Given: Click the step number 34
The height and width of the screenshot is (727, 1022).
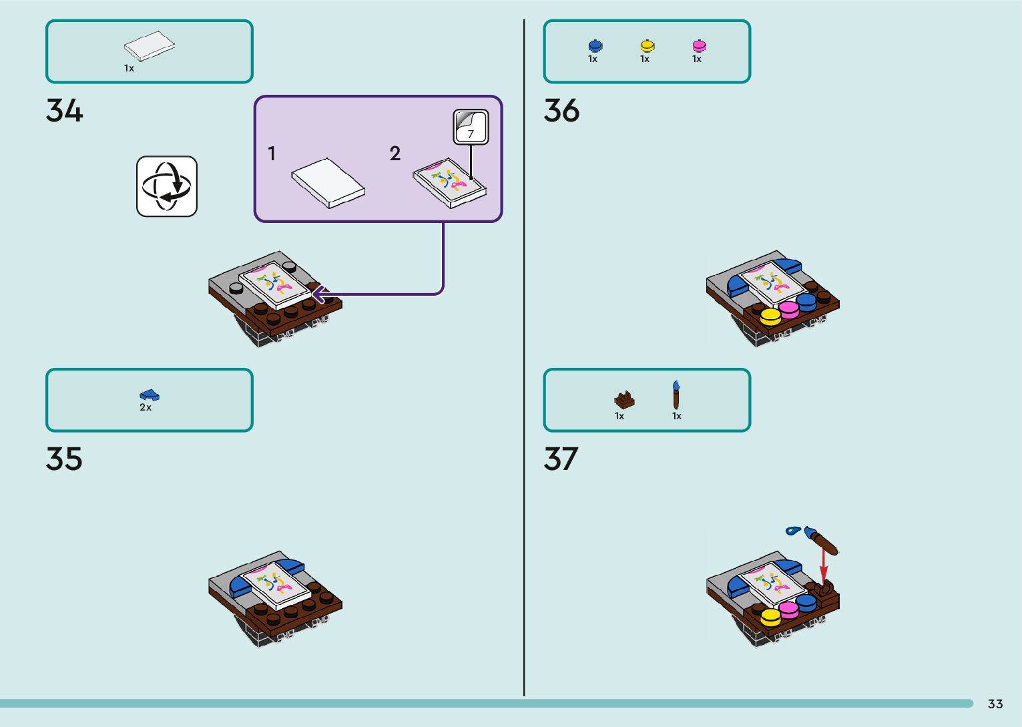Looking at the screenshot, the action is pos(64,111).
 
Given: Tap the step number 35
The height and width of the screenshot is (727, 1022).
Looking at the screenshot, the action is pos(64,459).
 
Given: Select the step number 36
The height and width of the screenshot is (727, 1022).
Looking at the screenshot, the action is pos(561,111).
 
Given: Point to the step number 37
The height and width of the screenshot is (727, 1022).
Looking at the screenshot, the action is pos(561,459).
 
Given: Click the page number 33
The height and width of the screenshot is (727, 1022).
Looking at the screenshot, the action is pos(995,704).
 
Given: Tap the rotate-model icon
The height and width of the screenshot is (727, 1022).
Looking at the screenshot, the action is pos(167,186).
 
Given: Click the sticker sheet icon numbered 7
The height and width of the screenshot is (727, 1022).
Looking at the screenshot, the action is pos(471,127).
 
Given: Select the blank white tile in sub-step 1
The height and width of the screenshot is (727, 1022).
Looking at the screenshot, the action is pos(328,182).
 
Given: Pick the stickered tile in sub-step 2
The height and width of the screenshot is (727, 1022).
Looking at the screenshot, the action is pos(449,182).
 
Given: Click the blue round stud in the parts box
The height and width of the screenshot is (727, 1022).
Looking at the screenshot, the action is pos(595,45).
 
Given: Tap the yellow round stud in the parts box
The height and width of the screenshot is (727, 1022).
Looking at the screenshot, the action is pos(647,45).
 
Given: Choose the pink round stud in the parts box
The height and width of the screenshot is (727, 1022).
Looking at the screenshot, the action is pos(699,45).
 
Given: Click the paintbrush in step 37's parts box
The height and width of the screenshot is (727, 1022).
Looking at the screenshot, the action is pos(676,395).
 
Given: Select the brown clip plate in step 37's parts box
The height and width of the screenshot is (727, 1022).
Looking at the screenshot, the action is pos(624,399).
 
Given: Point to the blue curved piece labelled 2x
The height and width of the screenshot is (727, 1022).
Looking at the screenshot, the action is pos(150,395).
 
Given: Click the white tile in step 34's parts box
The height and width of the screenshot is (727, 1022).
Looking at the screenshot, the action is pos(150,46).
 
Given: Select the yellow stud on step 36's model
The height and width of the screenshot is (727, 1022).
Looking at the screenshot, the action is pos(770,316).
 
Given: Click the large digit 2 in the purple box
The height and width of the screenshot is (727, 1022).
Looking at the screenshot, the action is pos(395,154).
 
